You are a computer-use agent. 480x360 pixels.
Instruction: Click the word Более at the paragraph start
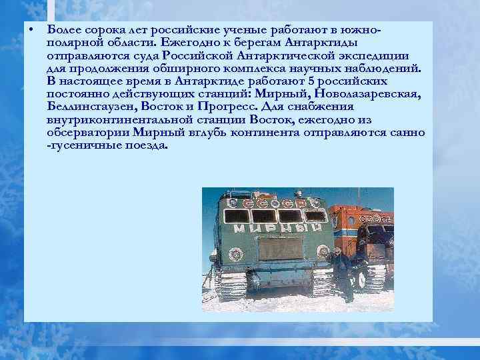pyautogui.click(x=63, y=31)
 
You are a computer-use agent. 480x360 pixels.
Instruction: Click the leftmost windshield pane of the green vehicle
pyautogui.click(x=236, y=216)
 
